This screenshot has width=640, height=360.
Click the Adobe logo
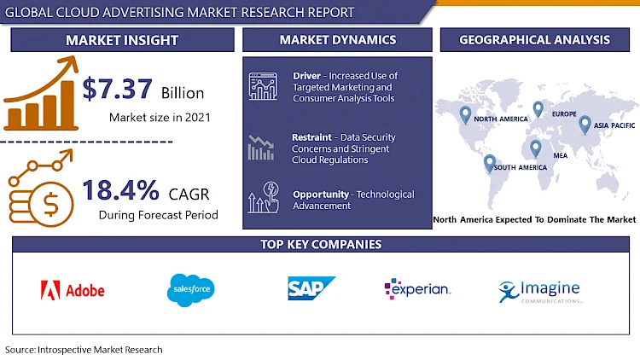click(x=73, y=290)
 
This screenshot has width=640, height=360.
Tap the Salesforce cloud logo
click(x=191, y=290)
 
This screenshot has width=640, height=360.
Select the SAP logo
click(x=311, y=289)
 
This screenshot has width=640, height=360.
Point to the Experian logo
click(x=417, y=289)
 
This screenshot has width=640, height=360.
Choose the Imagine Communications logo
click(x=539, y=292)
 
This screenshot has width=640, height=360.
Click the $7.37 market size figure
click(x=119, y=89)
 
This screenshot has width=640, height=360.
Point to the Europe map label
click(x=564, y=114)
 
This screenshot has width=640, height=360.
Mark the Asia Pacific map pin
click(x=585, y=125)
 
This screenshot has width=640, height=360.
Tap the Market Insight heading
click(x=123, y=40)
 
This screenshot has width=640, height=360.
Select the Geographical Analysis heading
click(x=534, y=39)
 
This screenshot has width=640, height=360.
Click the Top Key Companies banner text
click(x=321, y=245)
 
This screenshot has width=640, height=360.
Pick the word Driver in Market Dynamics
click(x=306, y=76)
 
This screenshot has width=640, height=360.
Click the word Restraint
click(x=311, y=137)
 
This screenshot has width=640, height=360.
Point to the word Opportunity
click(x=321, y=195)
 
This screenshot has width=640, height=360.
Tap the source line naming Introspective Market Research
click(x=84, y=349)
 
